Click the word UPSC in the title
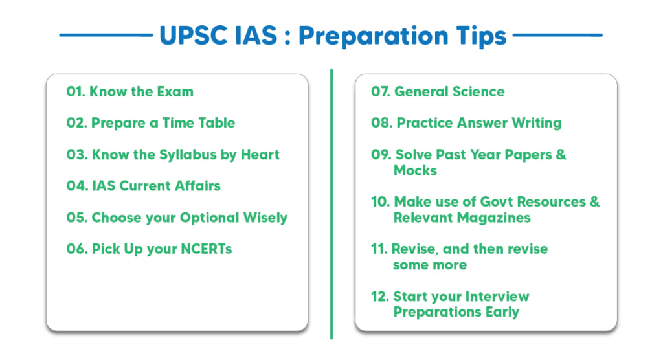pyautogui.click(x=194, y=35)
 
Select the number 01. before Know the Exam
pyautogui.click(x=76, y=91)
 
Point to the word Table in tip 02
pyautogui.click(x=216, y=122)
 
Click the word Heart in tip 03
pyautogui.click(x=260, y=154)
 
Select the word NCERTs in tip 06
pyautogui.click(x=207, y=249)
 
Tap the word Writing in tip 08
pyautogui.click(x=537, y=123)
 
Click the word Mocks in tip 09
pyautogui.click(x=415, y=170)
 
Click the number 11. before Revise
pyautogui.click(x=379, y=249)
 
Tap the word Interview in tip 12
pyautogui.click(x=495, y=296)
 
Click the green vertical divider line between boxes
pyautogui.click(x=331, y=204)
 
